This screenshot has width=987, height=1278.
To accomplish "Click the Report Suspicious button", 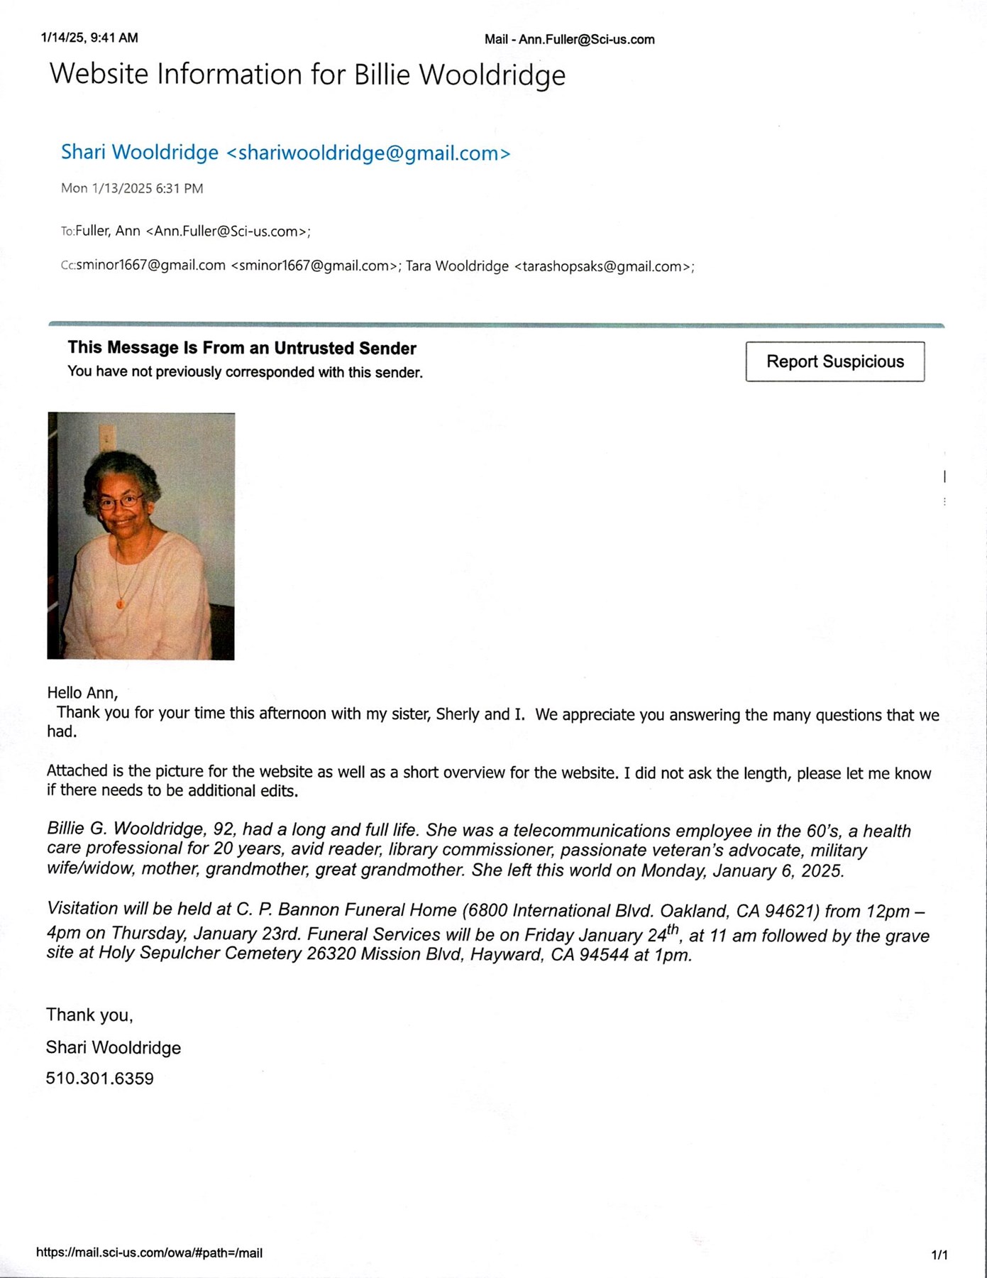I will [x=834, y=361].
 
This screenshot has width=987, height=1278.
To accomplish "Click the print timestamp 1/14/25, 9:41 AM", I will [x=89, y=38].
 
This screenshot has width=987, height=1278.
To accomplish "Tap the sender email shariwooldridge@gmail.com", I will [x=368, y=153].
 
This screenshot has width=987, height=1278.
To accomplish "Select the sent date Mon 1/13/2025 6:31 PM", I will [x=132, y=188].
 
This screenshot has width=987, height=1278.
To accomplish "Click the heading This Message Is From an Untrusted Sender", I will [x=241, y=348].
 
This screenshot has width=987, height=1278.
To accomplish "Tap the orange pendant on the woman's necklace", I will [x=120, y=603].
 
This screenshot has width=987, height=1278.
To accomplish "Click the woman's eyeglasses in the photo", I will [x=120, y=502].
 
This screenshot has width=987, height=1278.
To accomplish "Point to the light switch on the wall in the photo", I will [x=107, y=437].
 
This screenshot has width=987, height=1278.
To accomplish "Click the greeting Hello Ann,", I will [x=82, y=692].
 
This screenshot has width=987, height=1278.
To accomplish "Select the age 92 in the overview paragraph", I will [x=223, y=829].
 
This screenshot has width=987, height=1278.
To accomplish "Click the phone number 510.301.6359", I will [x=99, y=1078].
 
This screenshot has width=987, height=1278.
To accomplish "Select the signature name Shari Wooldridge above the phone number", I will [x=113, y=1047].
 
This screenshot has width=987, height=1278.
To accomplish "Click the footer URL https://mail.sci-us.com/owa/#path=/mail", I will [x=149, y=1253].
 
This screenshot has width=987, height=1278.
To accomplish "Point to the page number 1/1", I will [x=939, y=1255].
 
